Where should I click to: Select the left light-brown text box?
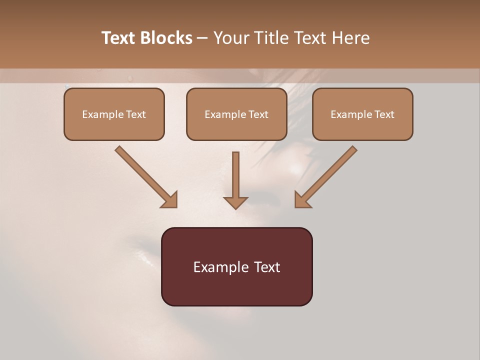tap(114, 114)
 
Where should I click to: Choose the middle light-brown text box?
tap(236, 114)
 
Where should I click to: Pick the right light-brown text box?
tap(362, 114)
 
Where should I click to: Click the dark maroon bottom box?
tap(236, 266)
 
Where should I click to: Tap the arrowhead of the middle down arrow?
tap(235, 202)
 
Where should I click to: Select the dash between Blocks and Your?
tap(202, 38)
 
